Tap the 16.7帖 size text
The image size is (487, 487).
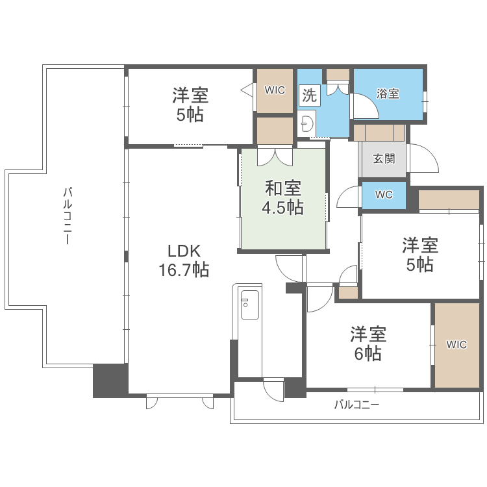(x=184, y=270)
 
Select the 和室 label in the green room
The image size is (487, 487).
(x=282, y=188)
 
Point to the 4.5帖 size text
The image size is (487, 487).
(x=282, y=208)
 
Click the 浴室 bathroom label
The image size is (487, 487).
(x=388, y=94)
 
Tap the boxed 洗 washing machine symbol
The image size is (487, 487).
(x=309, y=95)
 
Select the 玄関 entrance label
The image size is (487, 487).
(x=383, y=158)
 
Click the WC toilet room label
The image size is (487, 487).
(x=384, y=195)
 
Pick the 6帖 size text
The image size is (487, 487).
(x=368, y=354)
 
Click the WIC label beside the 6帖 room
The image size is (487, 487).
(x=456, y=345)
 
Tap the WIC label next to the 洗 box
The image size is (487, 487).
(x=275, y=90)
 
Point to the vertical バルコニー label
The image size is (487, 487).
(x=67, y=215)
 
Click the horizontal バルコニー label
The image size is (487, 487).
(x=356, y=405)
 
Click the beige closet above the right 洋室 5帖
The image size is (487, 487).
(x=448, y=201)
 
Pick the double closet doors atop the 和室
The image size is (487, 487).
(x=274, y=156)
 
